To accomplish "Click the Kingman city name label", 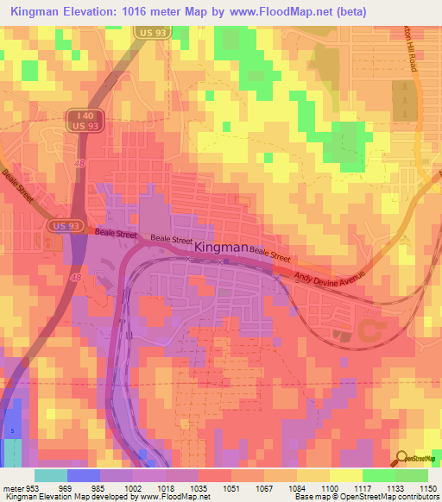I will [220, 248].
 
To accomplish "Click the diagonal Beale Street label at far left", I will [17, 186].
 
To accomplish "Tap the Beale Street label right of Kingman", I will [269, 252].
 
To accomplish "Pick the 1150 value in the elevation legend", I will [427, 487].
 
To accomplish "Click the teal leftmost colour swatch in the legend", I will [50, 475].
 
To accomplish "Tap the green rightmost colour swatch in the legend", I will [411, 475].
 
